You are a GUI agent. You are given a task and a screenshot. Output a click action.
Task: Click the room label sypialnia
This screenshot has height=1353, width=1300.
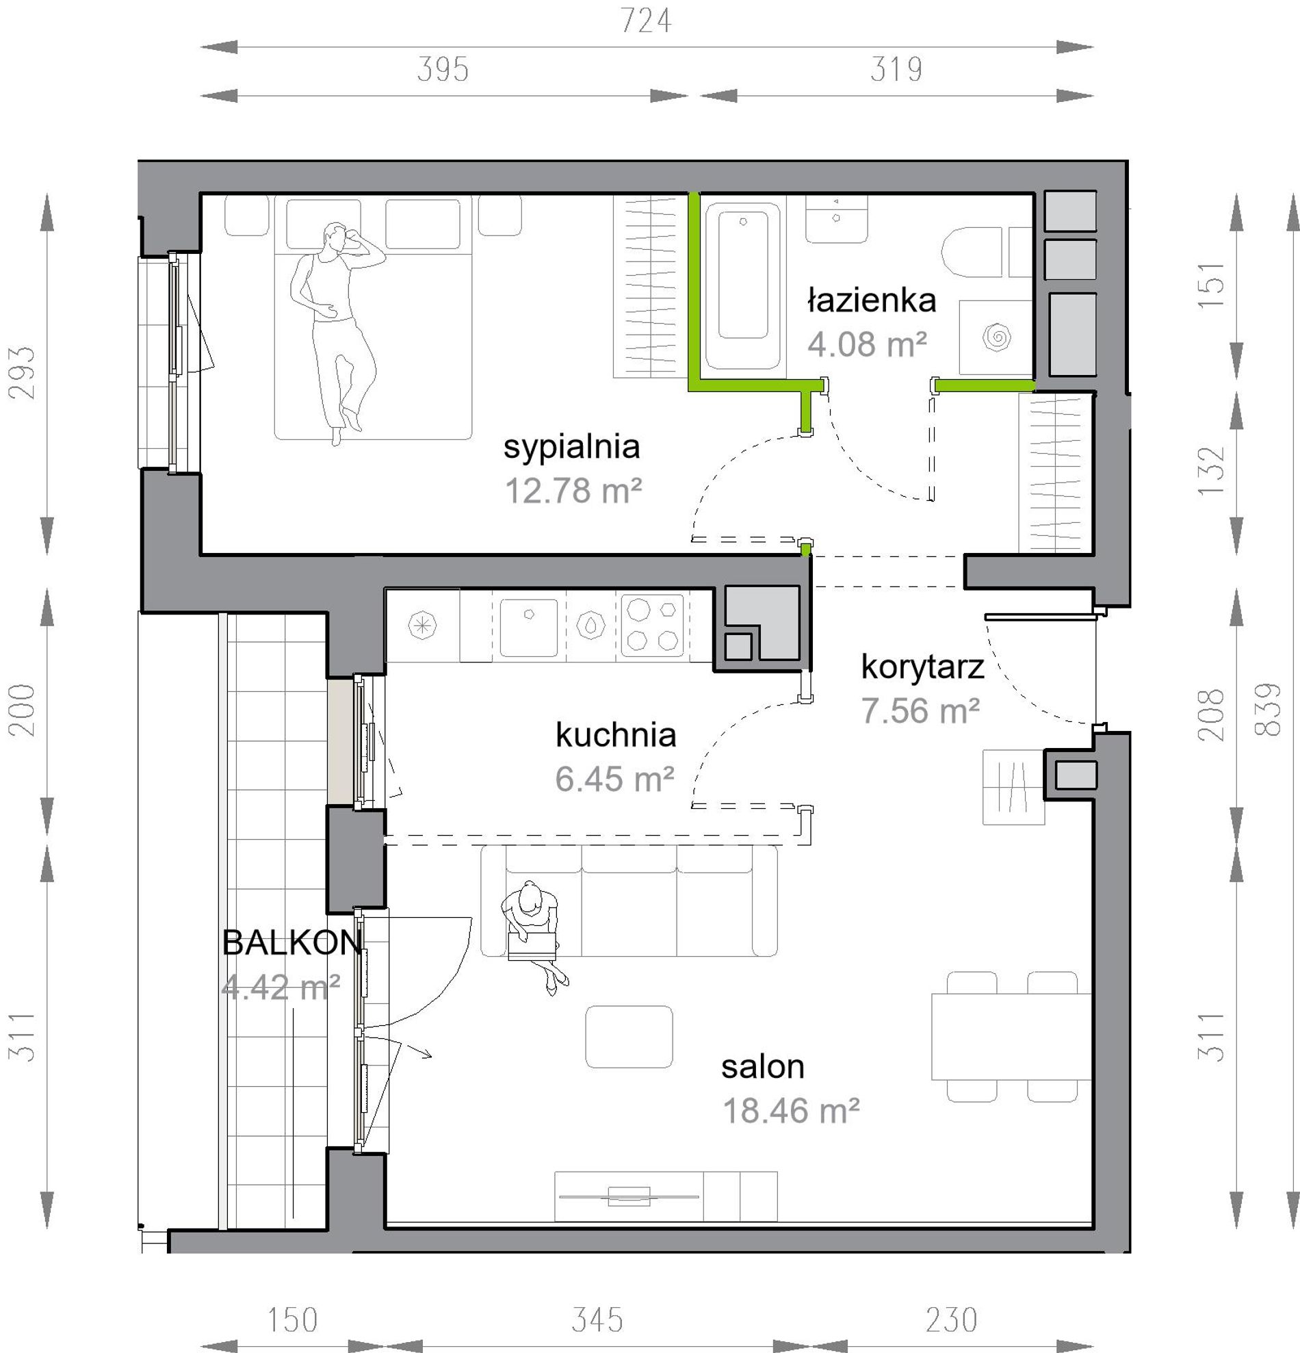coord(571,448)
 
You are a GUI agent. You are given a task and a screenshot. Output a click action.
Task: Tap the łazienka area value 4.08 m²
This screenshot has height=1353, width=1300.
coord(867,344)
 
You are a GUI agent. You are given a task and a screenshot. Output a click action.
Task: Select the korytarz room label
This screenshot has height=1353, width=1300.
coord(922,667)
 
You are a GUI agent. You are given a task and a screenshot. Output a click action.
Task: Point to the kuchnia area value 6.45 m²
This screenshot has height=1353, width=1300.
coord(614,779)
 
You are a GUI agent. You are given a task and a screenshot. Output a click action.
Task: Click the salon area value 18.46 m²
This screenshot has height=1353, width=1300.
coord(791,1111)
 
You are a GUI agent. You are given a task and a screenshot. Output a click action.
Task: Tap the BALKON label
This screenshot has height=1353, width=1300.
coord(293,942)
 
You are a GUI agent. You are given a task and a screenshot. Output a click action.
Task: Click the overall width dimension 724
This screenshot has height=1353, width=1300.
coord(646,21)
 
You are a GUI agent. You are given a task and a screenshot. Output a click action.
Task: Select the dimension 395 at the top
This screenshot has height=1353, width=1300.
coord(443,70)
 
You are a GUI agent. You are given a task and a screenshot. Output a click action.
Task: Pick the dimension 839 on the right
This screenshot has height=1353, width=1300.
coord(1269,709)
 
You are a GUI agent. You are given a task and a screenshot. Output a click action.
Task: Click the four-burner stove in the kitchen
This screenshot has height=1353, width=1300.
coord(652,624)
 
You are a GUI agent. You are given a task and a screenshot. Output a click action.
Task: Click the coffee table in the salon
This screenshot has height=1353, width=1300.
coord(629,1036)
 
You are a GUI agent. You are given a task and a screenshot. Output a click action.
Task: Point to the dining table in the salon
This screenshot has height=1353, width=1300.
coord(1011,1036)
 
